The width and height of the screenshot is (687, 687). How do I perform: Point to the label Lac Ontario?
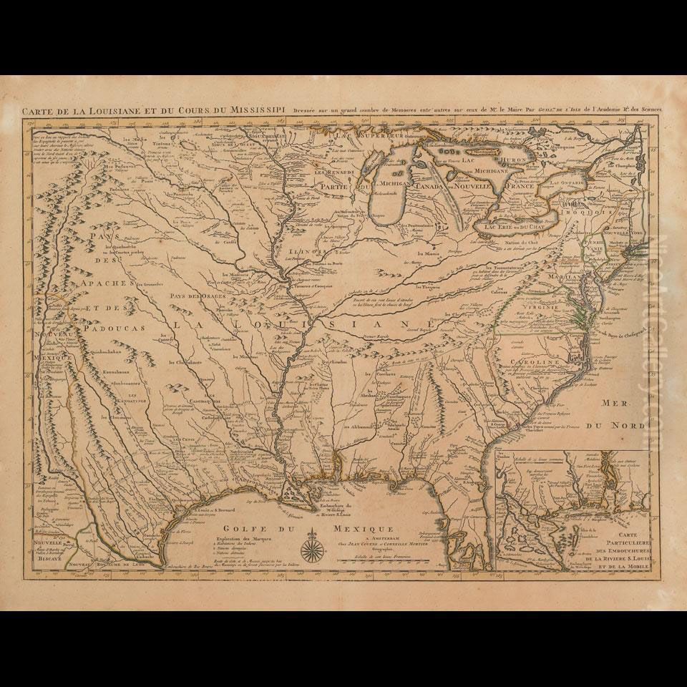(x=569, y=184)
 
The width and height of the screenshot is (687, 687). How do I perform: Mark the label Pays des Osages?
(x=193, y=296)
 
